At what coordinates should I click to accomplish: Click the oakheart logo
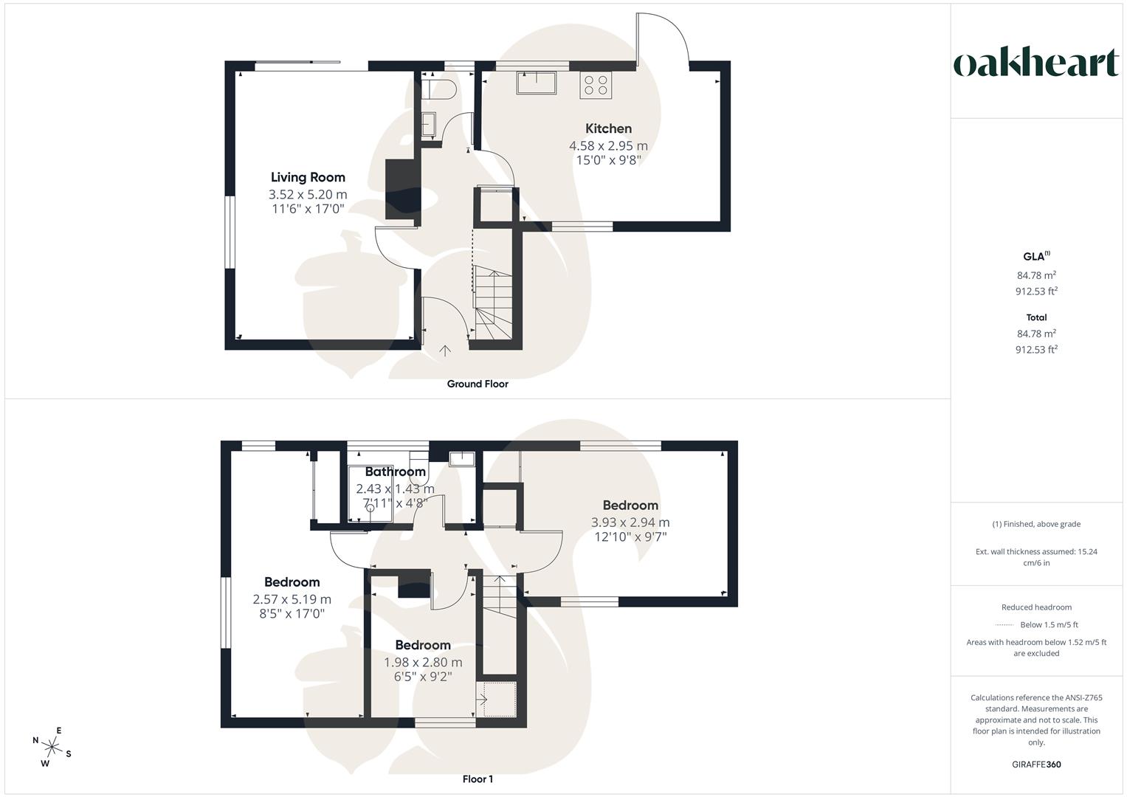point(1036,63)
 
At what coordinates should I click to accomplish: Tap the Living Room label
point(308,177)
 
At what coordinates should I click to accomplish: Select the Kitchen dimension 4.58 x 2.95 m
point(608,145)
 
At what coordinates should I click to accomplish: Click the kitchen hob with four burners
point(596,85)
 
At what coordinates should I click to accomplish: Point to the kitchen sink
point(537,83)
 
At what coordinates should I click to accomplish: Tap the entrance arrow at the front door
point(445,351)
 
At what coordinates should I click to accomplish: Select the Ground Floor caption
point(478,384)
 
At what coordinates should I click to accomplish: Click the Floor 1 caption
point(478,779)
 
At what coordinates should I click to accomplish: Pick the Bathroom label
point(395,472)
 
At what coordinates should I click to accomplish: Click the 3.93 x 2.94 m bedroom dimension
point(630,522)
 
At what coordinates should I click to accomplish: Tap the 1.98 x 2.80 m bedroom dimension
point(423,662)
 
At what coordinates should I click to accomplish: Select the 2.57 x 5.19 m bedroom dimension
point(292,599)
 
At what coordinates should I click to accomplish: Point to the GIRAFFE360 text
point(1036,765)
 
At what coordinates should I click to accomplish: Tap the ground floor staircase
point(492,303)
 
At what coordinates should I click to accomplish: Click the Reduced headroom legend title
point(1036,607)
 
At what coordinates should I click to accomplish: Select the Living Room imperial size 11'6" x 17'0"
point(308,209)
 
